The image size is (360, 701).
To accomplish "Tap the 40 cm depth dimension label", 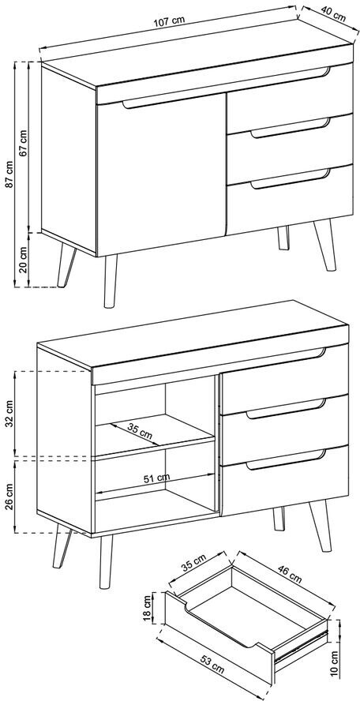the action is (x=333, y=15).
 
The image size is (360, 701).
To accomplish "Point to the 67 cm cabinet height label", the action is (x=24, y=143).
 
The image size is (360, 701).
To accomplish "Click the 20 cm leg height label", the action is (x=24, y=261).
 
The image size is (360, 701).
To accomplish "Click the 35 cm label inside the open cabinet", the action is (x=139, y=430).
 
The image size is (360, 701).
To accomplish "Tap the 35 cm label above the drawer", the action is (x=194, y=564).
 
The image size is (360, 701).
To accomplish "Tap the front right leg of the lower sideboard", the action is (x=322, y=526).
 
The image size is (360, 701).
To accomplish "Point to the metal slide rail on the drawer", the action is (x=302, y=646).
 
